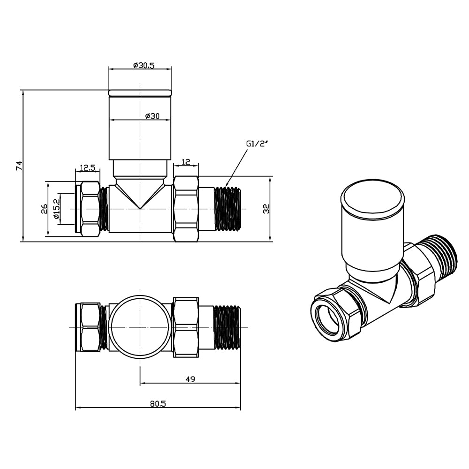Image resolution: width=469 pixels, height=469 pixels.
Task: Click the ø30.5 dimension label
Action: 144,65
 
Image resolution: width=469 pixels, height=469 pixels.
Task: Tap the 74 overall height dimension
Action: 19,165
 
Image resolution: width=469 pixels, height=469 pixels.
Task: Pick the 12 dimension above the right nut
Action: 186,162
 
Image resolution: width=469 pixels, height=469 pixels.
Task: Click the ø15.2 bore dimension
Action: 56,208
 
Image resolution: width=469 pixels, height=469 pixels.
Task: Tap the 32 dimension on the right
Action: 266,209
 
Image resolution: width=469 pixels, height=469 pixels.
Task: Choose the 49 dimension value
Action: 190,378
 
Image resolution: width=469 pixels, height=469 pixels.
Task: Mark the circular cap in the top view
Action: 140,327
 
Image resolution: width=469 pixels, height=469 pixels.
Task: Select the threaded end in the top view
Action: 227,327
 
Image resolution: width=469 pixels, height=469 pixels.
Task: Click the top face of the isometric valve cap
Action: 372,199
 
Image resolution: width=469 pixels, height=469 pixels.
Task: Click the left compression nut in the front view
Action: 90,209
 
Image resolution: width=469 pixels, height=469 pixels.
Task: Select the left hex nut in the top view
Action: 90,327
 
